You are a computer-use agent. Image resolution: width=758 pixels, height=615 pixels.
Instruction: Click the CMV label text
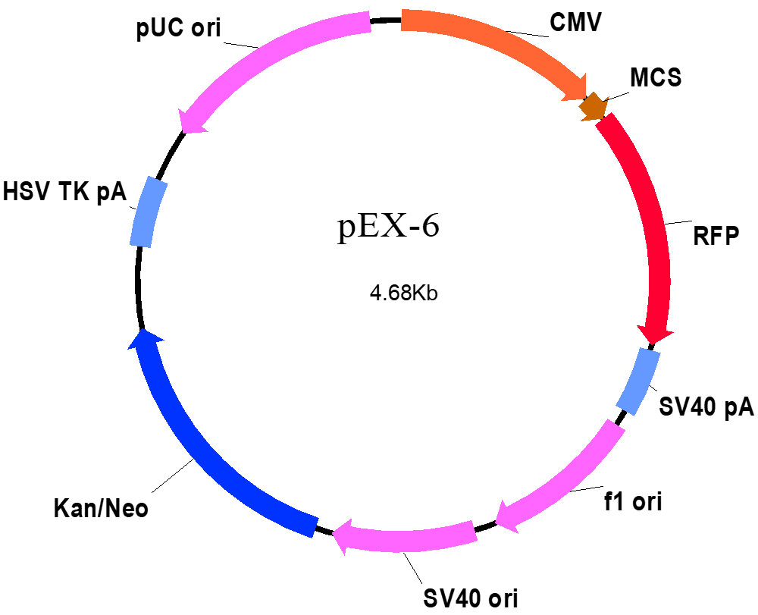click(x=575, y=22)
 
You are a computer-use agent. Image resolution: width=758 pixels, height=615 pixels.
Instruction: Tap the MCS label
click(x=656, y=77)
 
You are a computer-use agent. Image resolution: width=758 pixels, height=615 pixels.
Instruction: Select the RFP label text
click(x=716, y=237)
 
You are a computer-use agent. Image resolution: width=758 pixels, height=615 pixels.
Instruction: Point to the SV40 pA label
click(x=706, y=406)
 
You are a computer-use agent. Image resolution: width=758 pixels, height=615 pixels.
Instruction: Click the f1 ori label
click(x=633, y=501)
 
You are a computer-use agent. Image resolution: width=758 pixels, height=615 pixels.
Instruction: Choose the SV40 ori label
click(x=471, y=598)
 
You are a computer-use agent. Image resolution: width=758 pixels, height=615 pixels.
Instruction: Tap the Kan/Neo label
click(x=101, y=509)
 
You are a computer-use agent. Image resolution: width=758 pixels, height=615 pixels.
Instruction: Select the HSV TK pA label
click(x=64, y=191)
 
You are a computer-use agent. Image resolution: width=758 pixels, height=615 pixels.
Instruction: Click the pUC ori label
click(x=178, y=28)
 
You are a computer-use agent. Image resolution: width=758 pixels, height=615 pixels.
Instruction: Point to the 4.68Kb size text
click(x=404, y=293)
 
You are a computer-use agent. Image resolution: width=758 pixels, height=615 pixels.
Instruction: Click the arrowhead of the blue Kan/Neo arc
click(x=145, y=338)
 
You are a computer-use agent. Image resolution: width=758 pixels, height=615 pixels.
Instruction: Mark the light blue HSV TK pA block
click(x=149, y=212)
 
